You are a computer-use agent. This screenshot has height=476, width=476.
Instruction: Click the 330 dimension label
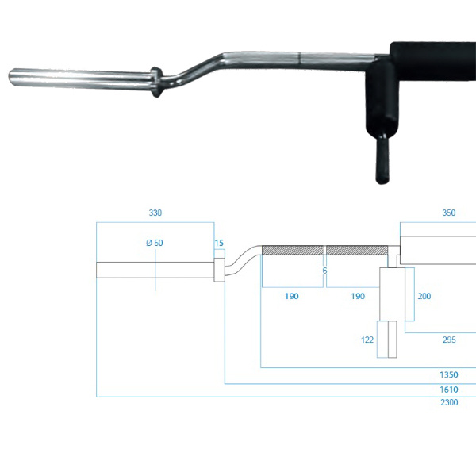(x=155, y=213)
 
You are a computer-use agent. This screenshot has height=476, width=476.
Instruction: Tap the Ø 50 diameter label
(x=155, y=243)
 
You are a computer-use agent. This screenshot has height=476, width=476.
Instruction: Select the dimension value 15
(x=219, y=243)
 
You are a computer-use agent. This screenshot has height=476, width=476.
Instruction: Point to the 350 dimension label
(x=449, y=213)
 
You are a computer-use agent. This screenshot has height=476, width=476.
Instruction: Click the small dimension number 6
(x=324, y=271)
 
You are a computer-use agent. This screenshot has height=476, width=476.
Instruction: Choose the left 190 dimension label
(x=292, y=296)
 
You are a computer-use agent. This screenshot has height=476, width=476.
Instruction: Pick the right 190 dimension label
(x=358, y=296)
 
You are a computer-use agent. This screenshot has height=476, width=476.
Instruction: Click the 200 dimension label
(x=424, y=296)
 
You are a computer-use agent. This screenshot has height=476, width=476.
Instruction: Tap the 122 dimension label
(x=367, y=340)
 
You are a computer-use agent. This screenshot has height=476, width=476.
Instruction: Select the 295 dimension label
(x=449, y=340)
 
